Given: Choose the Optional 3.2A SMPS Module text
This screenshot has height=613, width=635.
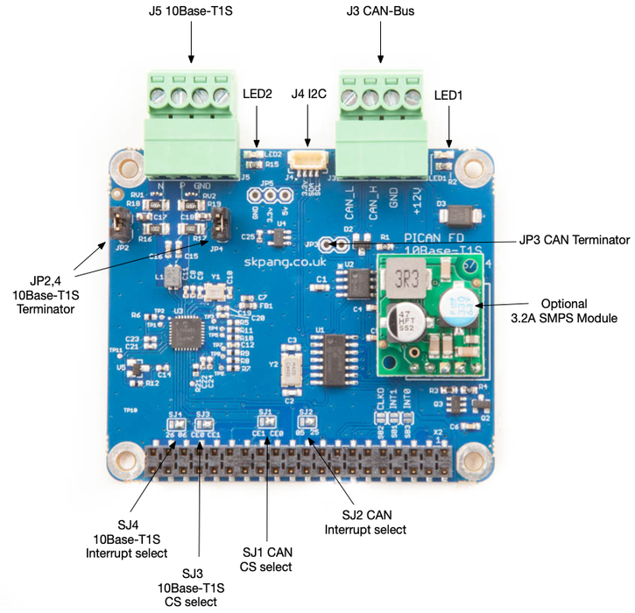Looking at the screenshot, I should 576,312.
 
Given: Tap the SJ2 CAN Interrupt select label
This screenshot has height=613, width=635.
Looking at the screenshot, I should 365,521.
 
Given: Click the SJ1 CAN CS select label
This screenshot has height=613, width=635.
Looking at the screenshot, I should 267,559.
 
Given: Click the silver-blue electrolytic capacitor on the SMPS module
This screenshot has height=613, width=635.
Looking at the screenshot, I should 461,304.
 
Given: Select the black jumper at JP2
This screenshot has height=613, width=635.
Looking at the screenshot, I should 114,226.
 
